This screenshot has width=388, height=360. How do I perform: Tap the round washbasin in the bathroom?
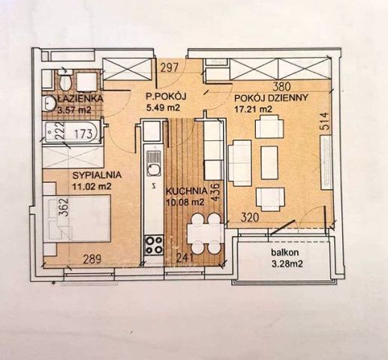[49, 103]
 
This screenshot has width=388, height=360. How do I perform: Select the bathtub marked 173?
[72, 132]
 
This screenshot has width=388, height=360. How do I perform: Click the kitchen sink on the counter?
[153, 163]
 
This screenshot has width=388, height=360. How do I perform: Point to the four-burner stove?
[154, 245]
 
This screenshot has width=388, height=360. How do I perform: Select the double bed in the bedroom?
[77, 219]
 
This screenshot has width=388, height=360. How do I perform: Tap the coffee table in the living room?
[269, 163]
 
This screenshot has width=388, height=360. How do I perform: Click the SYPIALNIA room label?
[97, 175]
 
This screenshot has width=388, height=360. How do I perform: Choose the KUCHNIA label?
[187, 191]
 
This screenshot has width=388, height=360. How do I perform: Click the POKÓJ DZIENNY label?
[271, 97]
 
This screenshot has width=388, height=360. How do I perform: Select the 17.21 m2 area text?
[253, 109]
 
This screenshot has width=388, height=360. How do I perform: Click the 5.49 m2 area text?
[163, 107]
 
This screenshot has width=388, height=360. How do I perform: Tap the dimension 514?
[324, 121]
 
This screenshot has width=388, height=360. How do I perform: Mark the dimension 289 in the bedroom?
[92, 259]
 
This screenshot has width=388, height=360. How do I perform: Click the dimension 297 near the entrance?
[170, 68]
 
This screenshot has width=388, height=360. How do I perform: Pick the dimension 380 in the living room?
[281, 86]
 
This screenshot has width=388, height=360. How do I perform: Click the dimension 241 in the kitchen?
[185, 258]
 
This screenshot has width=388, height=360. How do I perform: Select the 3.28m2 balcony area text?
[287, 264]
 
